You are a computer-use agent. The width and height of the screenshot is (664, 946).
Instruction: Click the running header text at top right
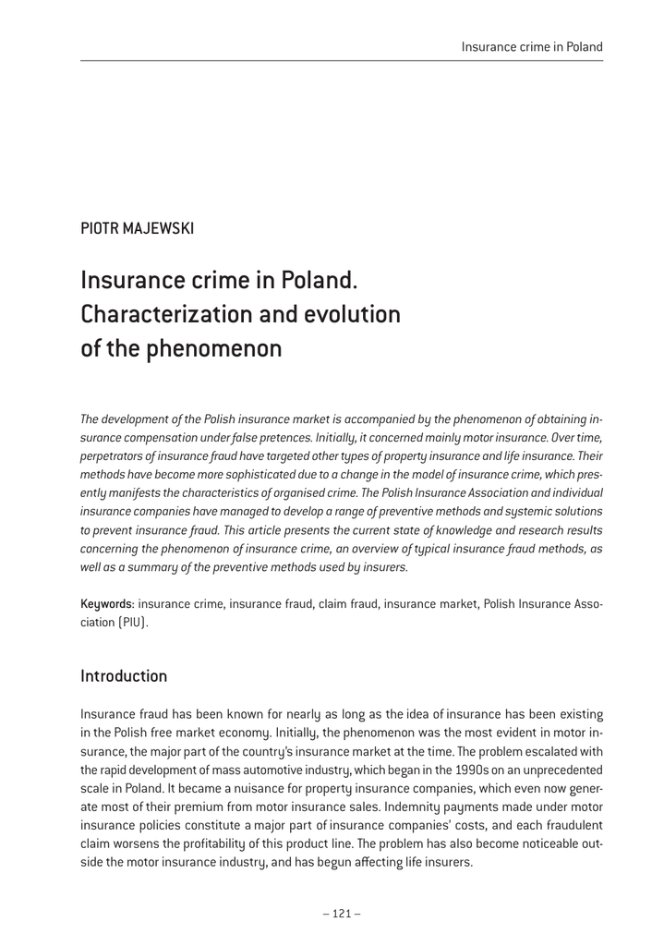click(532, 46)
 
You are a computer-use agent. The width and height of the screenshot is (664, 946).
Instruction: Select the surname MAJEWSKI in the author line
click(159, 228)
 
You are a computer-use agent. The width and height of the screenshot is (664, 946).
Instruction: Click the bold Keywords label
click(106, 603)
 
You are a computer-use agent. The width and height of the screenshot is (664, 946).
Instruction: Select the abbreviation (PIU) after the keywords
click(130, 622)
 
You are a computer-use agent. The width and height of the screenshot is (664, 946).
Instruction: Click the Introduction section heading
click(124, 675)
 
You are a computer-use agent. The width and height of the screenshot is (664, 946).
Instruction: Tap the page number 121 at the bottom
click(342, 914)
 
